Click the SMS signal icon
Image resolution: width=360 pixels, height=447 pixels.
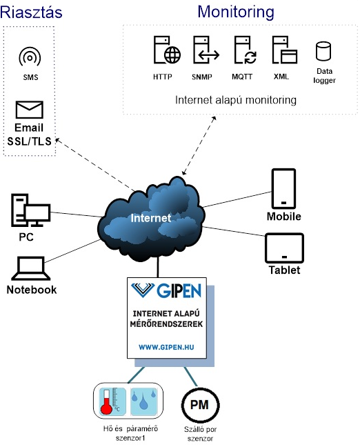(30, 57)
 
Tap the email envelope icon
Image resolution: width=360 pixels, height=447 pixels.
(30, 110)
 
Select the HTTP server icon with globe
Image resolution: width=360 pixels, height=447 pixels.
(167, 50)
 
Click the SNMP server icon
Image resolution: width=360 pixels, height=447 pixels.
(206, 50)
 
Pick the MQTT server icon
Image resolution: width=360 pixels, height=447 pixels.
(246, 50)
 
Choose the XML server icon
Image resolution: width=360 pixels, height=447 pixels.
(284, 50)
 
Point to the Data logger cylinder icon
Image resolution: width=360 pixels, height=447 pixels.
(323, 51)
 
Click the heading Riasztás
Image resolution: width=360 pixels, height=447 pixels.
(31, 12)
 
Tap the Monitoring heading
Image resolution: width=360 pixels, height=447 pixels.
(236, 12)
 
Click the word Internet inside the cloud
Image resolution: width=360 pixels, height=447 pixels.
(151, 218)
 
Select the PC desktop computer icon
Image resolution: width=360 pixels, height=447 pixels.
(31, 210)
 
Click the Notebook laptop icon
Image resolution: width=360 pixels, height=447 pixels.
(31, 268)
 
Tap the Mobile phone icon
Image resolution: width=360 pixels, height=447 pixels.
(283, 189)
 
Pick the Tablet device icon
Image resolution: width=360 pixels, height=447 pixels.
(284, 248)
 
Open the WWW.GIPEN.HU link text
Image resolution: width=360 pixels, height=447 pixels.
(166, 347)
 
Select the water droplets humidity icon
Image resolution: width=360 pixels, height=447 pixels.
(144, 401)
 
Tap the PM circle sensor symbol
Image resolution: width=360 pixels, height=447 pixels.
(200, 405)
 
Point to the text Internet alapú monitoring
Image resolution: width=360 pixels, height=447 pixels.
(236, 100)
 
